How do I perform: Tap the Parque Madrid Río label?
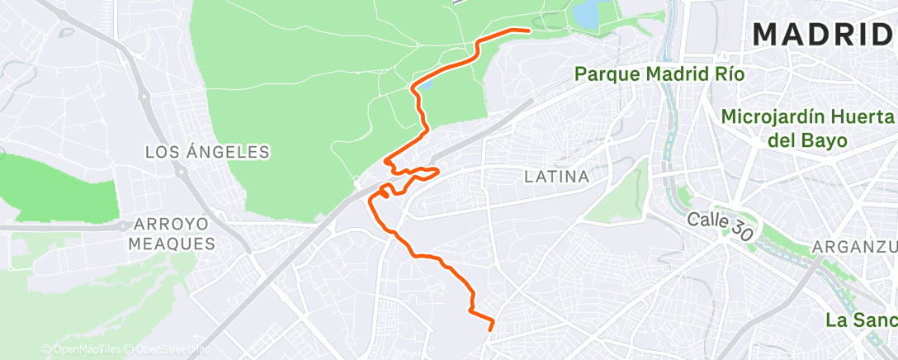point(659,74)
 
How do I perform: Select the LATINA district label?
point(557,177)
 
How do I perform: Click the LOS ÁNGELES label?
point(207,152)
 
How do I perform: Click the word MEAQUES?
point(172,244)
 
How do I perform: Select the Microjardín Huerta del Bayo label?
point(808,129)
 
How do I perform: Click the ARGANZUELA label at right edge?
point(854,247)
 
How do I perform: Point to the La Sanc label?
point(862,320)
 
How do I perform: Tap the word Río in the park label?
point(727,74)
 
